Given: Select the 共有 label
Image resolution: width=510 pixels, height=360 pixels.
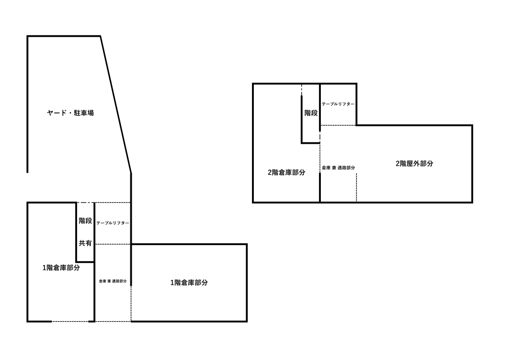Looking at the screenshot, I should pos(85,244).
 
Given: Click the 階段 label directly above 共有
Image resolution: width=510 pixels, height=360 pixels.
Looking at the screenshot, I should pos(85,221).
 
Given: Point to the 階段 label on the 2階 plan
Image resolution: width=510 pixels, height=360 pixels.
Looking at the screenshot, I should pos(311,113).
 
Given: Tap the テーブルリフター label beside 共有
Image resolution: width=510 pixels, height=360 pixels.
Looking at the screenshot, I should pos(112,223).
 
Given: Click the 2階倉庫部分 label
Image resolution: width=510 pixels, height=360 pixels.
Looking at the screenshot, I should pos(287,173).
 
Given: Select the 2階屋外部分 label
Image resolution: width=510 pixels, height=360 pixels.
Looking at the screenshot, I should pos(414,163).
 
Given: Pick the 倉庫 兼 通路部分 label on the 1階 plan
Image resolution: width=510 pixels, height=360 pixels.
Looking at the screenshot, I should pos(112,281).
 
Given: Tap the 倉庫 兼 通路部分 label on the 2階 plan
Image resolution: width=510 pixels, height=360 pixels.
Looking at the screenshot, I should pos(338,168).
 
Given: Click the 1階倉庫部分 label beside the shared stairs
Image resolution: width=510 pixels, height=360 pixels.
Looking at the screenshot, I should pos(61,268).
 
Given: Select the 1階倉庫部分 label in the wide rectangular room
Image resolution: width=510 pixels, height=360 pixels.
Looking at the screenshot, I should pos(189,283).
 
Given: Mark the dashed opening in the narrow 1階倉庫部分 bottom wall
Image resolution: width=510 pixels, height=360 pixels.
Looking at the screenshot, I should pos(70,321).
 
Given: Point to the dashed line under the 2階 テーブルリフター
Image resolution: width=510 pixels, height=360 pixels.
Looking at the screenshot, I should pos(338,125).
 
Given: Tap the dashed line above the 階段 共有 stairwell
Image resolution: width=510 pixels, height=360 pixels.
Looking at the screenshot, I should pos(85,202).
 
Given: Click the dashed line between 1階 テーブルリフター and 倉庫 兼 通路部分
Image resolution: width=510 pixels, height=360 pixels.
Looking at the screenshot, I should pos(112,244).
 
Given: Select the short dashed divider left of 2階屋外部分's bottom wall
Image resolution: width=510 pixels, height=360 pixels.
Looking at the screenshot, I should pos(357,187).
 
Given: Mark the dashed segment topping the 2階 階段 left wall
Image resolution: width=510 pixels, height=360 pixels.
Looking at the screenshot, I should pos(302,90).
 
